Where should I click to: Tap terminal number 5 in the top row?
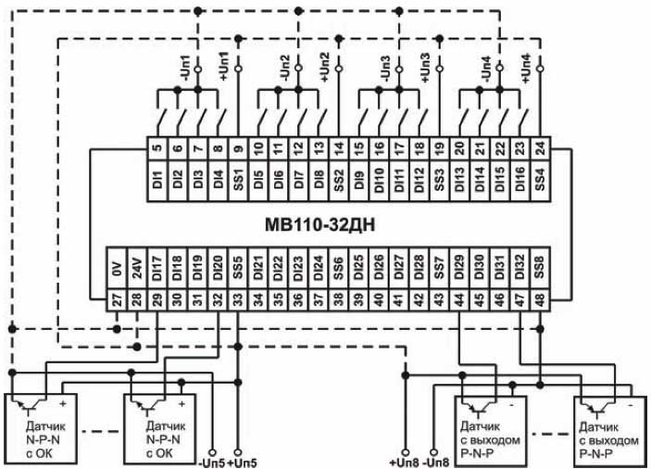click(x=156, y=146)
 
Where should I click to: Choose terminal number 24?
click(x=540, y=146)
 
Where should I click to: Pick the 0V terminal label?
click(x=117, y=269)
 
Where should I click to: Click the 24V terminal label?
click(x=136, y=269)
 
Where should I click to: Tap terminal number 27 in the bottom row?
click(x=117, y=298)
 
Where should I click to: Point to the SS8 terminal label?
click(x=540, y=269)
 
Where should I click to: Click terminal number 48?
click(x=540, y=298)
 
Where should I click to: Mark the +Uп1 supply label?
click(x=223, y=66)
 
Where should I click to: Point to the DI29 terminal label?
click(x=459, y=269)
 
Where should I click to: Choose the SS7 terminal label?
click(x=439, y=269)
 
